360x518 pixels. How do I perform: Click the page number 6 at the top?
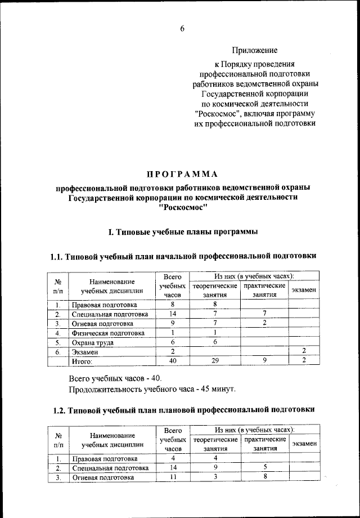pos(182,29)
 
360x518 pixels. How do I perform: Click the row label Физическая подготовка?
pos(107,333)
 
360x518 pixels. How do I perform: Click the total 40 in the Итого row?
pos(173,361)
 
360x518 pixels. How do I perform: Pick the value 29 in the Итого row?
pos(214,361)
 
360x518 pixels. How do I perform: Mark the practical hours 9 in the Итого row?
pos(264,361)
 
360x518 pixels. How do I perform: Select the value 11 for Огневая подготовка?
pos(173,477)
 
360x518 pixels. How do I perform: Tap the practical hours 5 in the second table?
pos(264,467)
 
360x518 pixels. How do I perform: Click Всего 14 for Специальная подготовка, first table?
pos(173,314)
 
